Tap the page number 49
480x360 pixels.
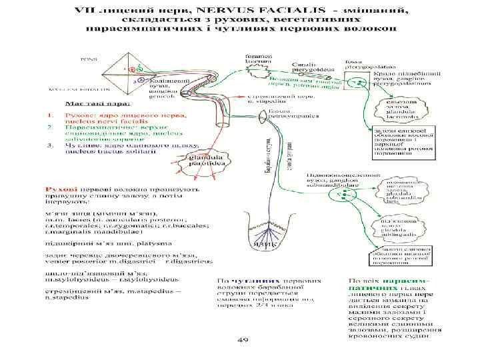pos(243,339)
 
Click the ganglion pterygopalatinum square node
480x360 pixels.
pos(359,85)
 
